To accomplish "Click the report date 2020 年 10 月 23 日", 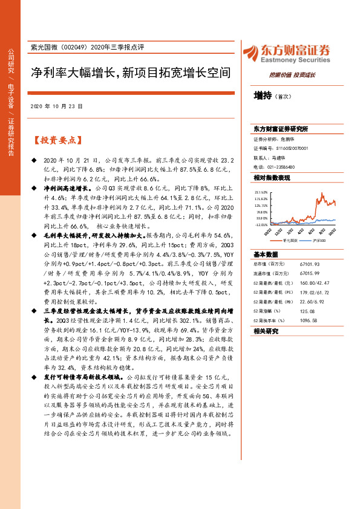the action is point(56,106).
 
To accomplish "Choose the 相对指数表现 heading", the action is point(272,178).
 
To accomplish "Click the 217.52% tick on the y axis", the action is point(261,191).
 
